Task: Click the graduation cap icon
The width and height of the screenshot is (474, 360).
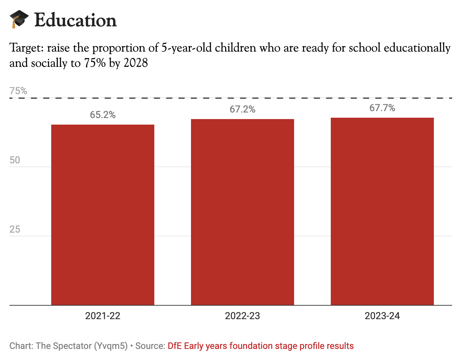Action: click(19, 19)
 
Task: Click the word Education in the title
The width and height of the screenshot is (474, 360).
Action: click(75, 20)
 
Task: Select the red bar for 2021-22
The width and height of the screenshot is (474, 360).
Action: click(103, 215)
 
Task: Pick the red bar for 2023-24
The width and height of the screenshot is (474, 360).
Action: click(382, 211)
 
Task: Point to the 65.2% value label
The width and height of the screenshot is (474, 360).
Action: click(103, 115)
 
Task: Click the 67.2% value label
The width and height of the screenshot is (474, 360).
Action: click(243, 109)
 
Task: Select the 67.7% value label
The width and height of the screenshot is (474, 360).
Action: click(382, 108)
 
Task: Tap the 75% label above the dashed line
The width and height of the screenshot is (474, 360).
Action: click(18, 91)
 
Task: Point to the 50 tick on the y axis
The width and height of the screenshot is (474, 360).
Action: click(15, 160)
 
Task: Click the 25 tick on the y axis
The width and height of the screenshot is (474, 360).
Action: click(15, 229)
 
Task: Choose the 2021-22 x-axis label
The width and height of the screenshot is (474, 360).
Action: click(103, 316)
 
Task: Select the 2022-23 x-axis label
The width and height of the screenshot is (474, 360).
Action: click(243, 316)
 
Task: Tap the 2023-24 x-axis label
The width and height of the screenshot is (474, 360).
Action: click(382, 316)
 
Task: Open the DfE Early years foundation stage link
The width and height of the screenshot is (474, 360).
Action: click(261, 346)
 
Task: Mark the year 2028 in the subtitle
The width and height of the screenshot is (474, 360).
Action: click(136, 63)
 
